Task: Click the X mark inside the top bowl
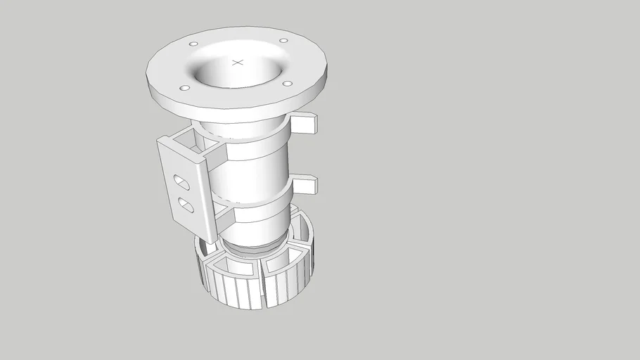[237, 63]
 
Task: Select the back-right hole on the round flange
[283, 40]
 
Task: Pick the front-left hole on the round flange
[184, 88]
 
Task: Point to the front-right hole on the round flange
[288, 84]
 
